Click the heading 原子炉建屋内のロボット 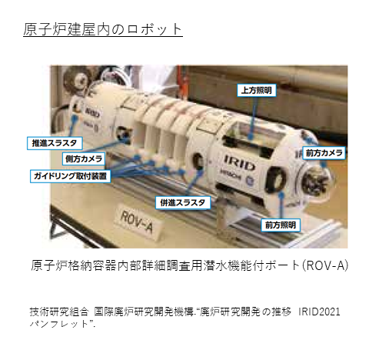(103, 29)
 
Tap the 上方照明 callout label (257, 90)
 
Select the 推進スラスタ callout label (55, 143)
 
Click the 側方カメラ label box (84, 159)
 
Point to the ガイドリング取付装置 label (70, 176)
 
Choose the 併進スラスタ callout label (183, 203)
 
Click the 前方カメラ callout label (324, 153)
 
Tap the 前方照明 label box (281, 225)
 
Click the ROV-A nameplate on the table (137, 222)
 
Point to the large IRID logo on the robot (239, 162)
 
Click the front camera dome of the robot (317, 181)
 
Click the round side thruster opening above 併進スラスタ (198, 162)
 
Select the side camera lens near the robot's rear (121, 133)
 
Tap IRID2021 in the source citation (319, 312)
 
